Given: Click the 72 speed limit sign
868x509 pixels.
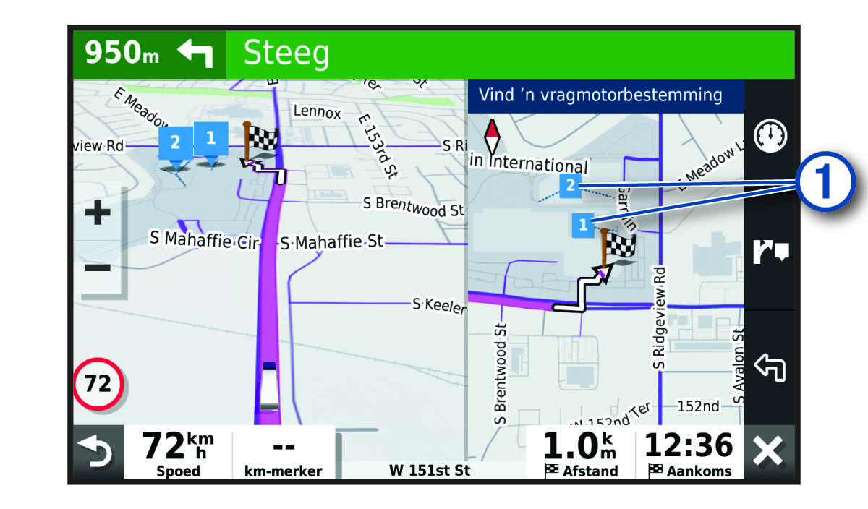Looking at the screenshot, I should click(98, 383).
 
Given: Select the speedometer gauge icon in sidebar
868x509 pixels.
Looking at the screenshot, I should click(770, 136).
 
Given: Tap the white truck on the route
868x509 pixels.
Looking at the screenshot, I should click(268, 385).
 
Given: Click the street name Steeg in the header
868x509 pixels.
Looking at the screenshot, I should click(286, 54).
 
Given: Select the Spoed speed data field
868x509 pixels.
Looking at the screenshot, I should click(178, 452).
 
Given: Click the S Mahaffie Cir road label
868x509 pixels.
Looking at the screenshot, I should click(203, 239).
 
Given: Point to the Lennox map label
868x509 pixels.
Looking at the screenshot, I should click(317, 111).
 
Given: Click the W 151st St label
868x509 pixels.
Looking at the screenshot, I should click(430, 470).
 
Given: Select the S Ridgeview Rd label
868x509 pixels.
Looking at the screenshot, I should click(659, 318).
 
